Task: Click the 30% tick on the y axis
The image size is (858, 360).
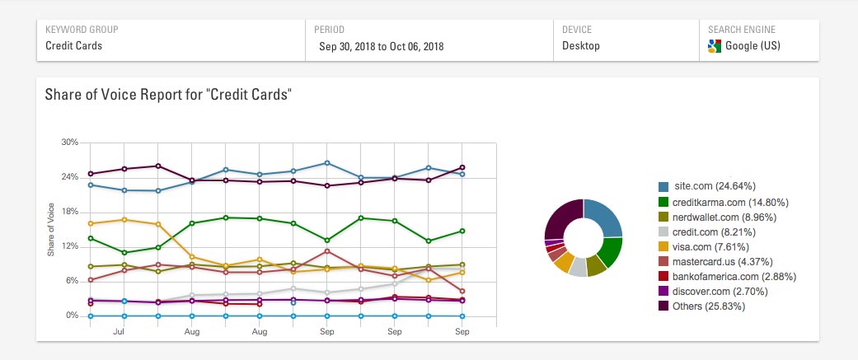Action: [x=69, y=143]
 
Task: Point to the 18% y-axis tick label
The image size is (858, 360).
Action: [x=69, y=212]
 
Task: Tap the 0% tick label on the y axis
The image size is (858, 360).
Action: [x=72, y=316]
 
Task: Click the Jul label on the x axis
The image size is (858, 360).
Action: [x=119, y=331]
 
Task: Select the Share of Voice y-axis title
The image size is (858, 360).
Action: [x=51, y=229]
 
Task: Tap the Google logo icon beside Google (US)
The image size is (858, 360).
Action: [x=715, y=46]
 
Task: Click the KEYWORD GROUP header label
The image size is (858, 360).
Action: [x=82, y=30]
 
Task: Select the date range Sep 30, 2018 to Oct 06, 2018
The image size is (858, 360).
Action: [x=381, y=46]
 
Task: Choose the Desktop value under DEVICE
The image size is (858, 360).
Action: [x=582, y=46]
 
